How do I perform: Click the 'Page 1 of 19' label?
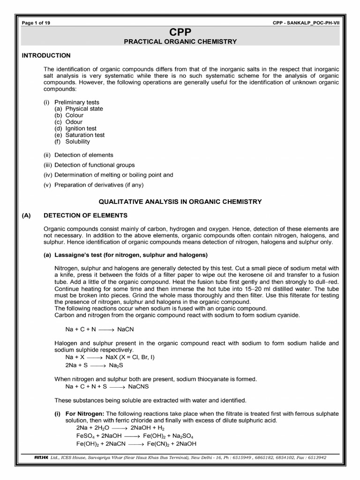point(36,23)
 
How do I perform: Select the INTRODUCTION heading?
point(46,55)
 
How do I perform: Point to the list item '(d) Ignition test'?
point(75,128)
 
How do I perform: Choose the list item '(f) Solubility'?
point(72,142)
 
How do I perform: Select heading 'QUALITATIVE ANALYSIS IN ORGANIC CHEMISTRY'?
point(180,202)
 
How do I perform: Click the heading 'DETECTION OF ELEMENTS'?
point(85,216)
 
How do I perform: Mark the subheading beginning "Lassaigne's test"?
point(125,255)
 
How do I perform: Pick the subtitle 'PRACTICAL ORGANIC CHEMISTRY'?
point(180,42)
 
